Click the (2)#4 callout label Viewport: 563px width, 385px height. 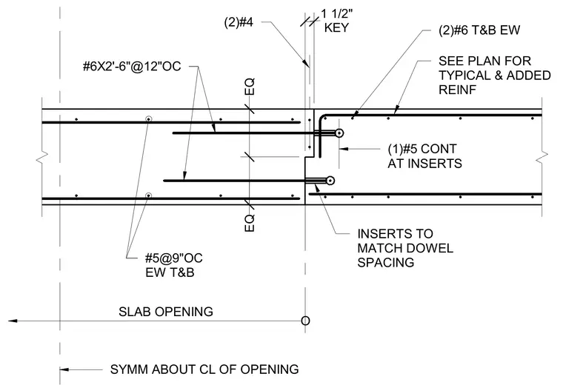pos(239,22)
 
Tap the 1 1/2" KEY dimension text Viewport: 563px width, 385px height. pos(336,21)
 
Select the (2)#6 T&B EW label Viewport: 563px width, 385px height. pos(479,30)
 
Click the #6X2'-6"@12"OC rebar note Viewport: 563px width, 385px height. pos(132,67)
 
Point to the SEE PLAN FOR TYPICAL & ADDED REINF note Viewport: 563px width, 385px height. pos(494,76)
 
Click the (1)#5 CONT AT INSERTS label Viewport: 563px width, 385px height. pos(424,156)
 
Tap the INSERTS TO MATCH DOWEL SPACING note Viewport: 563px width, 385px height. pos(405,248)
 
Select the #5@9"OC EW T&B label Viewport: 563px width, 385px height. pos(174,265)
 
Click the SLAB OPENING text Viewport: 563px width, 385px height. pos(165,312)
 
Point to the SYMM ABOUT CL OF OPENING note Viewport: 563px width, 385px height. pos(204,369)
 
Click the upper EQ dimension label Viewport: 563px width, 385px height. pos(250,87)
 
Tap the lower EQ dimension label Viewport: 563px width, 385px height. pos(250,223)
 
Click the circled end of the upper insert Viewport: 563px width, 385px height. pos(339,133)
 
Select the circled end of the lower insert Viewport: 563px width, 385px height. pos(330,181)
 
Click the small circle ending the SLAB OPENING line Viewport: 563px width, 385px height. pos(305,321)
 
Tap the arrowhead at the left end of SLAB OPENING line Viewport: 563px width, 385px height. pos(13,321)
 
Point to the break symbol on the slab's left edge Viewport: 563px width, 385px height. pos(42,157)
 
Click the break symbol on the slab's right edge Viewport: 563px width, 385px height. pos(542,157)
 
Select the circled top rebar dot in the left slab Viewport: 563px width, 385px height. pos(148,119)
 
